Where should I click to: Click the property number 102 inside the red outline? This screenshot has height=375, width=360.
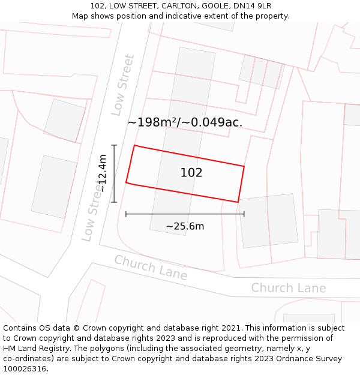click(191, 173)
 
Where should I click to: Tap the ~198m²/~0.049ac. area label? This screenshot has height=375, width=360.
click(185, 122)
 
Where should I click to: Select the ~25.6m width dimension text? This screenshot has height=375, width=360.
click(185, 226)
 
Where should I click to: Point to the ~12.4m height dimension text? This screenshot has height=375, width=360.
click(103, 173)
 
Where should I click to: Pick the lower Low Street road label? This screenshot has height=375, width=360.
click(92, 213)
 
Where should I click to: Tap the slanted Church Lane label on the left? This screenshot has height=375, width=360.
click(151, 268)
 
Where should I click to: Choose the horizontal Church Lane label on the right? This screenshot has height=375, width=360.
click(289, 288)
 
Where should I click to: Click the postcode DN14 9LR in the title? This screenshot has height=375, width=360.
click(249, 6)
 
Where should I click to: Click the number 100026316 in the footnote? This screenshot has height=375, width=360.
click(25, 368)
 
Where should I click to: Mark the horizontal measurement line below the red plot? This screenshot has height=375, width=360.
click(185, 214)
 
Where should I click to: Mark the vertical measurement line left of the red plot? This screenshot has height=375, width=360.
click(114, 173)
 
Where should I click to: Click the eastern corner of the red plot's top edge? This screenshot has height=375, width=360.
click(244, 166)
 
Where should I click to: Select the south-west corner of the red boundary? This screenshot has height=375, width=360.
click(126, 182)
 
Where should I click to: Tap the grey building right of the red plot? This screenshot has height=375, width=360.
click(268, 221)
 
